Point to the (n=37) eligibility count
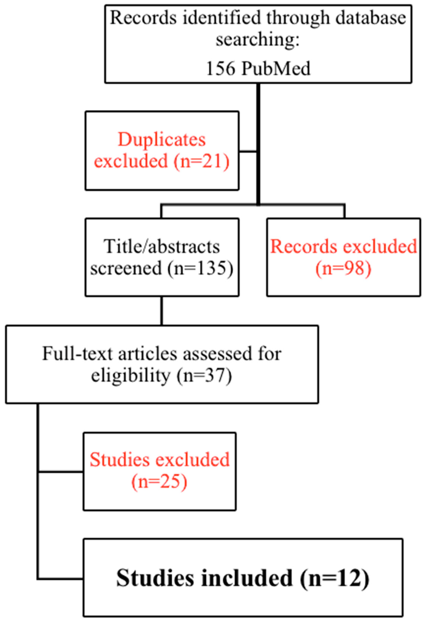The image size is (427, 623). click(x=204, y=375)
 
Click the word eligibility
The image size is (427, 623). click(x=131, y=375)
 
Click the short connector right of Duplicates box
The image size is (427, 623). click(x=248, y=151)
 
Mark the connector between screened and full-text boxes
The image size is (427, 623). click(x=161, y=311)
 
